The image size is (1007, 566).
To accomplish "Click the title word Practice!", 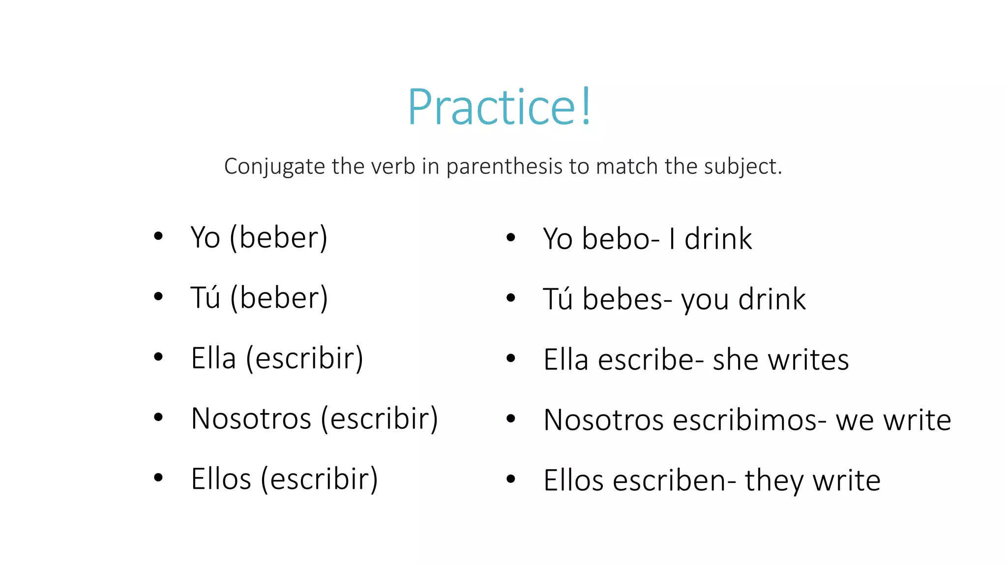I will (x=500, y=107).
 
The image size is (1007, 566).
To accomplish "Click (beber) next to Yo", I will (x=279, y=238).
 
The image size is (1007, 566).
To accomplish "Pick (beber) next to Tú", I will (x=279, y=298).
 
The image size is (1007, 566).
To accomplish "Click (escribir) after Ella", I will (x=304, y=359).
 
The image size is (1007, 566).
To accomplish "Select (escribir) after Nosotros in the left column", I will (x=379, y=419).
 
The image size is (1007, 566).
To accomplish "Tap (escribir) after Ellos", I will (x=319, y=480).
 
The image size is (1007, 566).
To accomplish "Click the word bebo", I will (x=617, y=239).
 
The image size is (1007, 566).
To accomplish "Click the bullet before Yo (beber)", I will (x=158, y=236).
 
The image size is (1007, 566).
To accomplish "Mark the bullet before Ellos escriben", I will (x=511, y=479).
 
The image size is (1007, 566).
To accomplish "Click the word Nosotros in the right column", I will (x=603, y=420).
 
